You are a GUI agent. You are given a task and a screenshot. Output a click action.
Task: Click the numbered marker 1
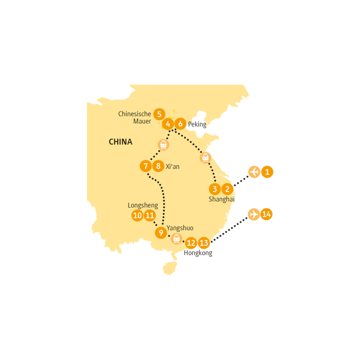(x=267, y=172)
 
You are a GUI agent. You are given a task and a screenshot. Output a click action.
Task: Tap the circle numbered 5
(x=159, y=114)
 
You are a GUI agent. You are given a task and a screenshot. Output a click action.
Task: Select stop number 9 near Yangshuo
(x=161, y=232)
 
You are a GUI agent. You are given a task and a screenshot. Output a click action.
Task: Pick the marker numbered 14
(x=266, y=214)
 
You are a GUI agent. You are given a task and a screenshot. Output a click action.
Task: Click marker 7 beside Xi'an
(x=146, y=166)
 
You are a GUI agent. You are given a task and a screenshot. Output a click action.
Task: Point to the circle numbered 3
(x=215, y=189)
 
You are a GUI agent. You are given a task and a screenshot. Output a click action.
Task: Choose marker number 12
(x=191, y=243)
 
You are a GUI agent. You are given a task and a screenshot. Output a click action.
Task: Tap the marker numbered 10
(x=137, y=216)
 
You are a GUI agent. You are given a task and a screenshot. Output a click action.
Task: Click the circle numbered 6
(x=180, y=124)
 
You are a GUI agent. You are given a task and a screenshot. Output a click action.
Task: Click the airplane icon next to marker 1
(x=254, y=172)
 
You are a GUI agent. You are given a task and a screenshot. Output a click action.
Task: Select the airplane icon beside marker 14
(x=254, y=214)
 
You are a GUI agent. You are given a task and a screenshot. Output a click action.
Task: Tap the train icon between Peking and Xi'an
(x=163, y=145)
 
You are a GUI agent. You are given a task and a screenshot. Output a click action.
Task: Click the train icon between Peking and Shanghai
(x=205, y=157)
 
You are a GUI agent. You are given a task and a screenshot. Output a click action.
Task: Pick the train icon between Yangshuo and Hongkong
(x=176, y=239)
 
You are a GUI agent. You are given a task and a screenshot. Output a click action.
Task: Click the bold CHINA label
(x=120, y=142)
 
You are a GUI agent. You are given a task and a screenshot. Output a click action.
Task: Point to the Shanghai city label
(x=221, y=199)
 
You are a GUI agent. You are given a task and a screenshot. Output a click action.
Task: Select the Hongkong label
(x=198, y=253)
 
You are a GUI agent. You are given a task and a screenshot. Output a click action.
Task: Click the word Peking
(x=197, y=125)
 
